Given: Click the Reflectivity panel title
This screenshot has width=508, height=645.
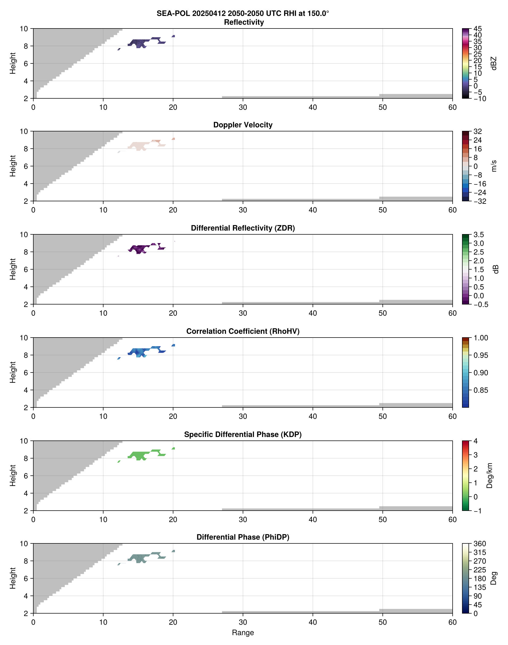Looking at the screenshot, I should pos(244,22).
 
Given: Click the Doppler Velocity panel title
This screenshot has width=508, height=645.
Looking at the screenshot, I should pos(243,125).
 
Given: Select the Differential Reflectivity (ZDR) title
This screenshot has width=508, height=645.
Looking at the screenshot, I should pos(243,228).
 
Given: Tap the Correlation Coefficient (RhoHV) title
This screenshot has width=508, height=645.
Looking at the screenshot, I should pos(243,331).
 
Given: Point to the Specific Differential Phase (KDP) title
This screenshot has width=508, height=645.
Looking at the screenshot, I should pos(243,435).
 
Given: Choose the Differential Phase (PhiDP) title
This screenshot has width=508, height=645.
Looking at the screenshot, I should pos(243,537).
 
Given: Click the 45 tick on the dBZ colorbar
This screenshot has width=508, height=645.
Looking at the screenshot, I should pos(477,29).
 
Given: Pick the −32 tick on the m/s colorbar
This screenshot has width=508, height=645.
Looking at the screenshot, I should pos(480,201).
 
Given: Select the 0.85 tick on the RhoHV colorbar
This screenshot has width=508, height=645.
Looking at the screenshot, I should pos(480,390).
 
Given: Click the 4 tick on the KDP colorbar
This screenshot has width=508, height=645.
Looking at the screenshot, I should pos(475,441).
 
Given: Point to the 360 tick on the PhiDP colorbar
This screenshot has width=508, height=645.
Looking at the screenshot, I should pos(480,544).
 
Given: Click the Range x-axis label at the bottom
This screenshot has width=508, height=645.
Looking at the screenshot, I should pos(243,633).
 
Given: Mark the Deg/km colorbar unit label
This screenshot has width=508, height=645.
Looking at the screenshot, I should pos(489,475).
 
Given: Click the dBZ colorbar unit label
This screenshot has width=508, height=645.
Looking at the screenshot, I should pos(494,63).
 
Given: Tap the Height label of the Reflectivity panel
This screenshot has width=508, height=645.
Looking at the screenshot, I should pos(12,63).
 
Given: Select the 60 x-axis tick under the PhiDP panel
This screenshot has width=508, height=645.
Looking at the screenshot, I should pos(452,622).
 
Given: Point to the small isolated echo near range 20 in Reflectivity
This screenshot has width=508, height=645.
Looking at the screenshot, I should pos(173,36).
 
